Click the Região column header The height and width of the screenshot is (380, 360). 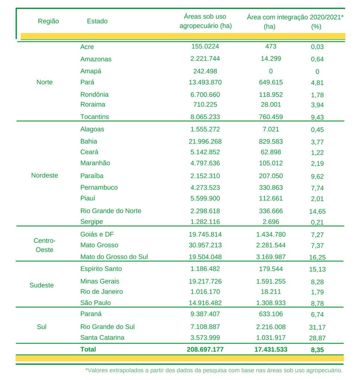pyautogui.click(x=48, y=21)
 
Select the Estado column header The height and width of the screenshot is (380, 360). pyautogui.click(x=97, y=21)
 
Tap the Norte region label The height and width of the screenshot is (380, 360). pyautogui.click(x=45, y=82)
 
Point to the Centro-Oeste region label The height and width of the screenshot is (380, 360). pyautogui.click(x=45, y=245)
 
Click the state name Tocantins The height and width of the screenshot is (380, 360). pyautogui.click(x=95, y=117)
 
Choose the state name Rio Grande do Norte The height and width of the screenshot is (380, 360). pyautogui.click(x=111, y=211)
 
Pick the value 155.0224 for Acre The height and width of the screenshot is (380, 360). pyautogui.click(x=205, y=47)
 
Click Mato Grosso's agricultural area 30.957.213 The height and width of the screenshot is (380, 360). pyautogui.click(x=205, y=245)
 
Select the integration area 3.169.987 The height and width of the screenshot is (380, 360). pyautogui.click(x=271, y=256)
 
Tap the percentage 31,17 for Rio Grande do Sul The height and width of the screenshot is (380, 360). pyautogui.click(x=317, y=327)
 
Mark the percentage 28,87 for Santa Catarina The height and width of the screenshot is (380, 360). pyautogui.click(x=317, y=338)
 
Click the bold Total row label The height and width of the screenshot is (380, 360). pyautogui.click(x=88, y=349)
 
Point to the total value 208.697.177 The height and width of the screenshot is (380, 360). pyautogui.click(x=205, y=349)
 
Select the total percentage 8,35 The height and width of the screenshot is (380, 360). pyautogui.click(x=317, y=350)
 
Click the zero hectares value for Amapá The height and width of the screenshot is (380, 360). pyautogui.click(x=271, y=71)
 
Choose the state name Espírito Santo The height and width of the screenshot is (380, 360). pyautogui.click(x=101, y=269)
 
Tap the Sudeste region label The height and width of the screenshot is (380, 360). pyautogui.click(x=42, y=285)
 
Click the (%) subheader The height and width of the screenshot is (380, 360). pyautogui.click(x=316, y=27)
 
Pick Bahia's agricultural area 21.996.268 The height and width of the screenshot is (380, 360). pyautogui.click(x=205, y=141)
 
